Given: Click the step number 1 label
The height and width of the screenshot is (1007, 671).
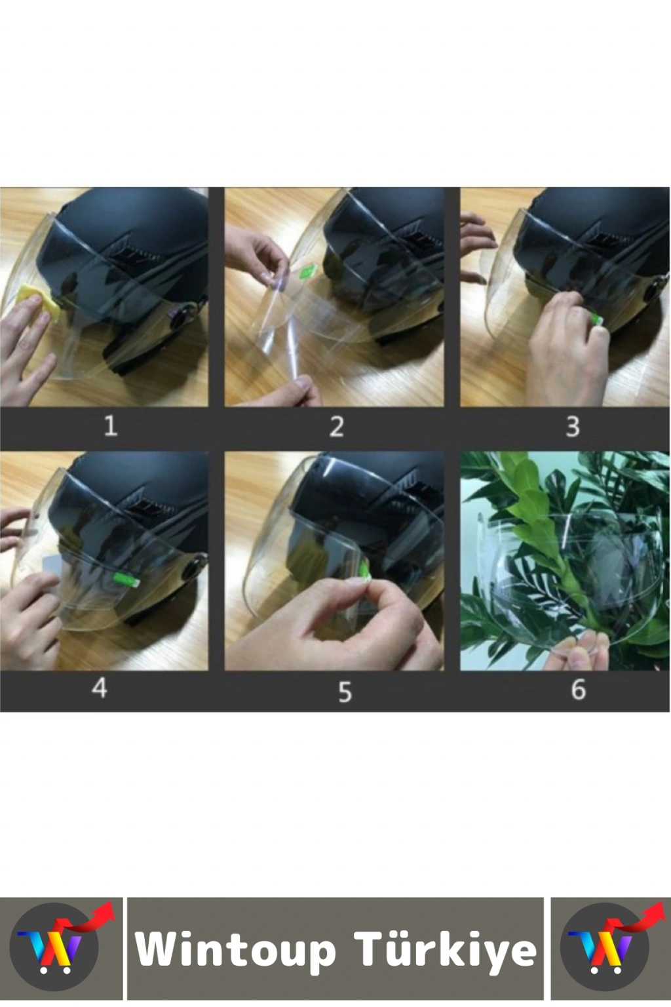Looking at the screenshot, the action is [111, 425].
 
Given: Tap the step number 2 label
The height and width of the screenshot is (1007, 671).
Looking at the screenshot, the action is [337, 426].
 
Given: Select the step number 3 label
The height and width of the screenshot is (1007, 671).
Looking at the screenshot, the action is [573, 426].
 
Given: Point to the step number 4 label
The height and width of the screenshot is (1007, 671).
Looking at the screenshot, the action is [100, 687].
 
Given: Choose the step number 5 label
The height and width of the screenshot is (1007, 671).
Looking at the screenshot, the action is [345, 692].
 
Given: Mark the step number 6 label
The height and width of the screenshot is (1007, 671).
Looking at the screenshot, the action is [579, 689].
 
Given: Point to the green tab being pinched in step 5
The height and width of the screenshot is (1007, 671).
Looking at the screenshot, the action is [367, 572].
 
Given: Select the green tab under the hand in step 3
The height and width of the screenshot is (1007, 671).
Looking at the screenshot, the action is [598, 318].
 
